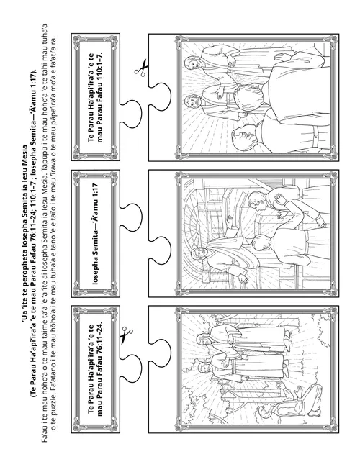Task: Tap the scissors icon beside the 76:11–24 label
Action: pos(126,335)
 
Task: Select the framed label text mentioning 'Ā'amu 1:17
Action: pos(95,233)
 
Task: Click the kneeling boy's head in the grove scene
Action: pos(264,412)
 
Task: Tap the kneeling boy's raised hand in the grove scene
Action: pos(299,391)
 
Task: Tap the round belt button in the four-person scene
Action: pos(315,137)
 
